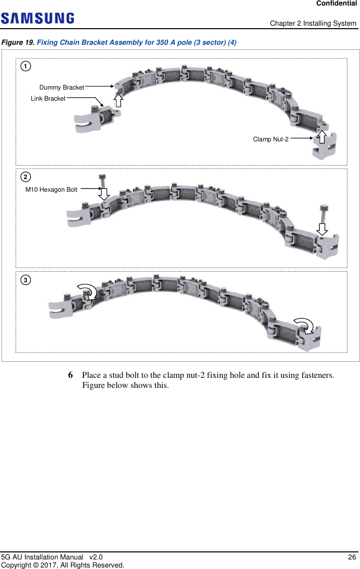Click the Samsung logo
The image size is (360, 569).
(x=38, y=19)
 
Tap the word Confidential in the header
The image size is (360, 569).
(x=336, y=4)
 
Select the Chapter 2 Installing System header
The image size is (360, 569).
(x=313, y=24)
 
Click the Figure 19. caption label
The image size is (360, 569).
(x=19, y=42)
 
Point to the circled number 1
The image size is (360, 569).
(x=25, y=66)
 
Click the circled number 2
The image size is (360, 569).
(x=25, y=177)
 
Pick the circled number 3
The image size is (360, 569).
(x=25, y=279)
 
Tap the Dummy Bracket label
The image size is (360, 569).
(x=61, y=88)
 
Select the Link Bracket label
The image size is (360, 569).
(x=48, y=99)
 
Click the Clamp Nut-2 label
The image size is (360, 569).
(x=271, y=139)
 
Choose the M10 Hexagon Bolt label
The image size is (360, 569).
(x=51, y=190)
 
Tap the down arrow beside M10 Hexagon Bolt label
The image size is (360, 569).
(x=104, y=193)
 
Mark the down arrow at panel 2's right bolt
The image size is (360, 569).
(x=322, y=229)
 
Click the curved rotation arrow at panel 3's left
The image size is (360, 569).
(x=88, y=291)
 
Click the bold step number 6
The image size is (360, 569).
(x=71, y=376)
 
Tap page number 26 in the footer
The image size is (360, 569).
(x=352, y=557)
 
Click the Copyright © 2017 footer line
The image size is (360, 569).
(x=62, y=565)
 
